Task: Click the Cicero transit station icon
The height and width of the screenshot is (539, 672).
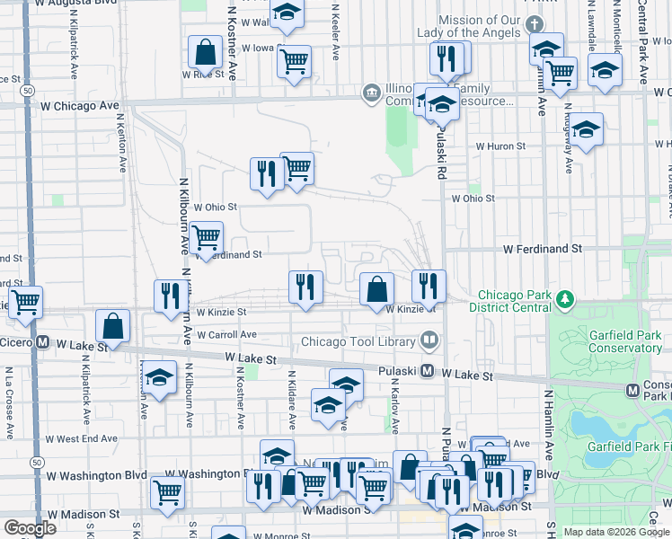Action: point(42,343)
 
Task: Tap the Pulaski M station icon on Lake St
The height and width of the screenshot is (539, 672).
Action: point(429,371)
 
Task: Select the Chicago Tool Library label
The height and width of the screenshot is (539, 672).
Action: point(358,340)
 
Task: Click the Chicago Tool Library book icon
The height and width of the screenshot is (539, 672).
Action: point(429,340)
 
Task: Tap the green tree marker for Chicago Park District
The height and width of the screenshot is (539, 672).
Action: point(564,299)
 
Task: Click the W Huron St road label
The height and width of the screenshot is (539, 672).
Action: point(500,146)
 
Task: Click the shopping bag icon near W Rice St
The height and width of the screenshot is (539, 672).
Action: point(206,53)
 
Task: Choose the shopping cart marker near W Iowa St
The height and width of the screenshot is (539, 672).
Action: point(294,62)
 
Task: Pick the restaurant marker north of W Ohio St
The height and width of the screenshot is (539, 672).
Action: point(266,172)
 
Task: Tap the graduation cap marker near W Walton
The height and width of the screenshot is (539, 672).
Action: point(287,13)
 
